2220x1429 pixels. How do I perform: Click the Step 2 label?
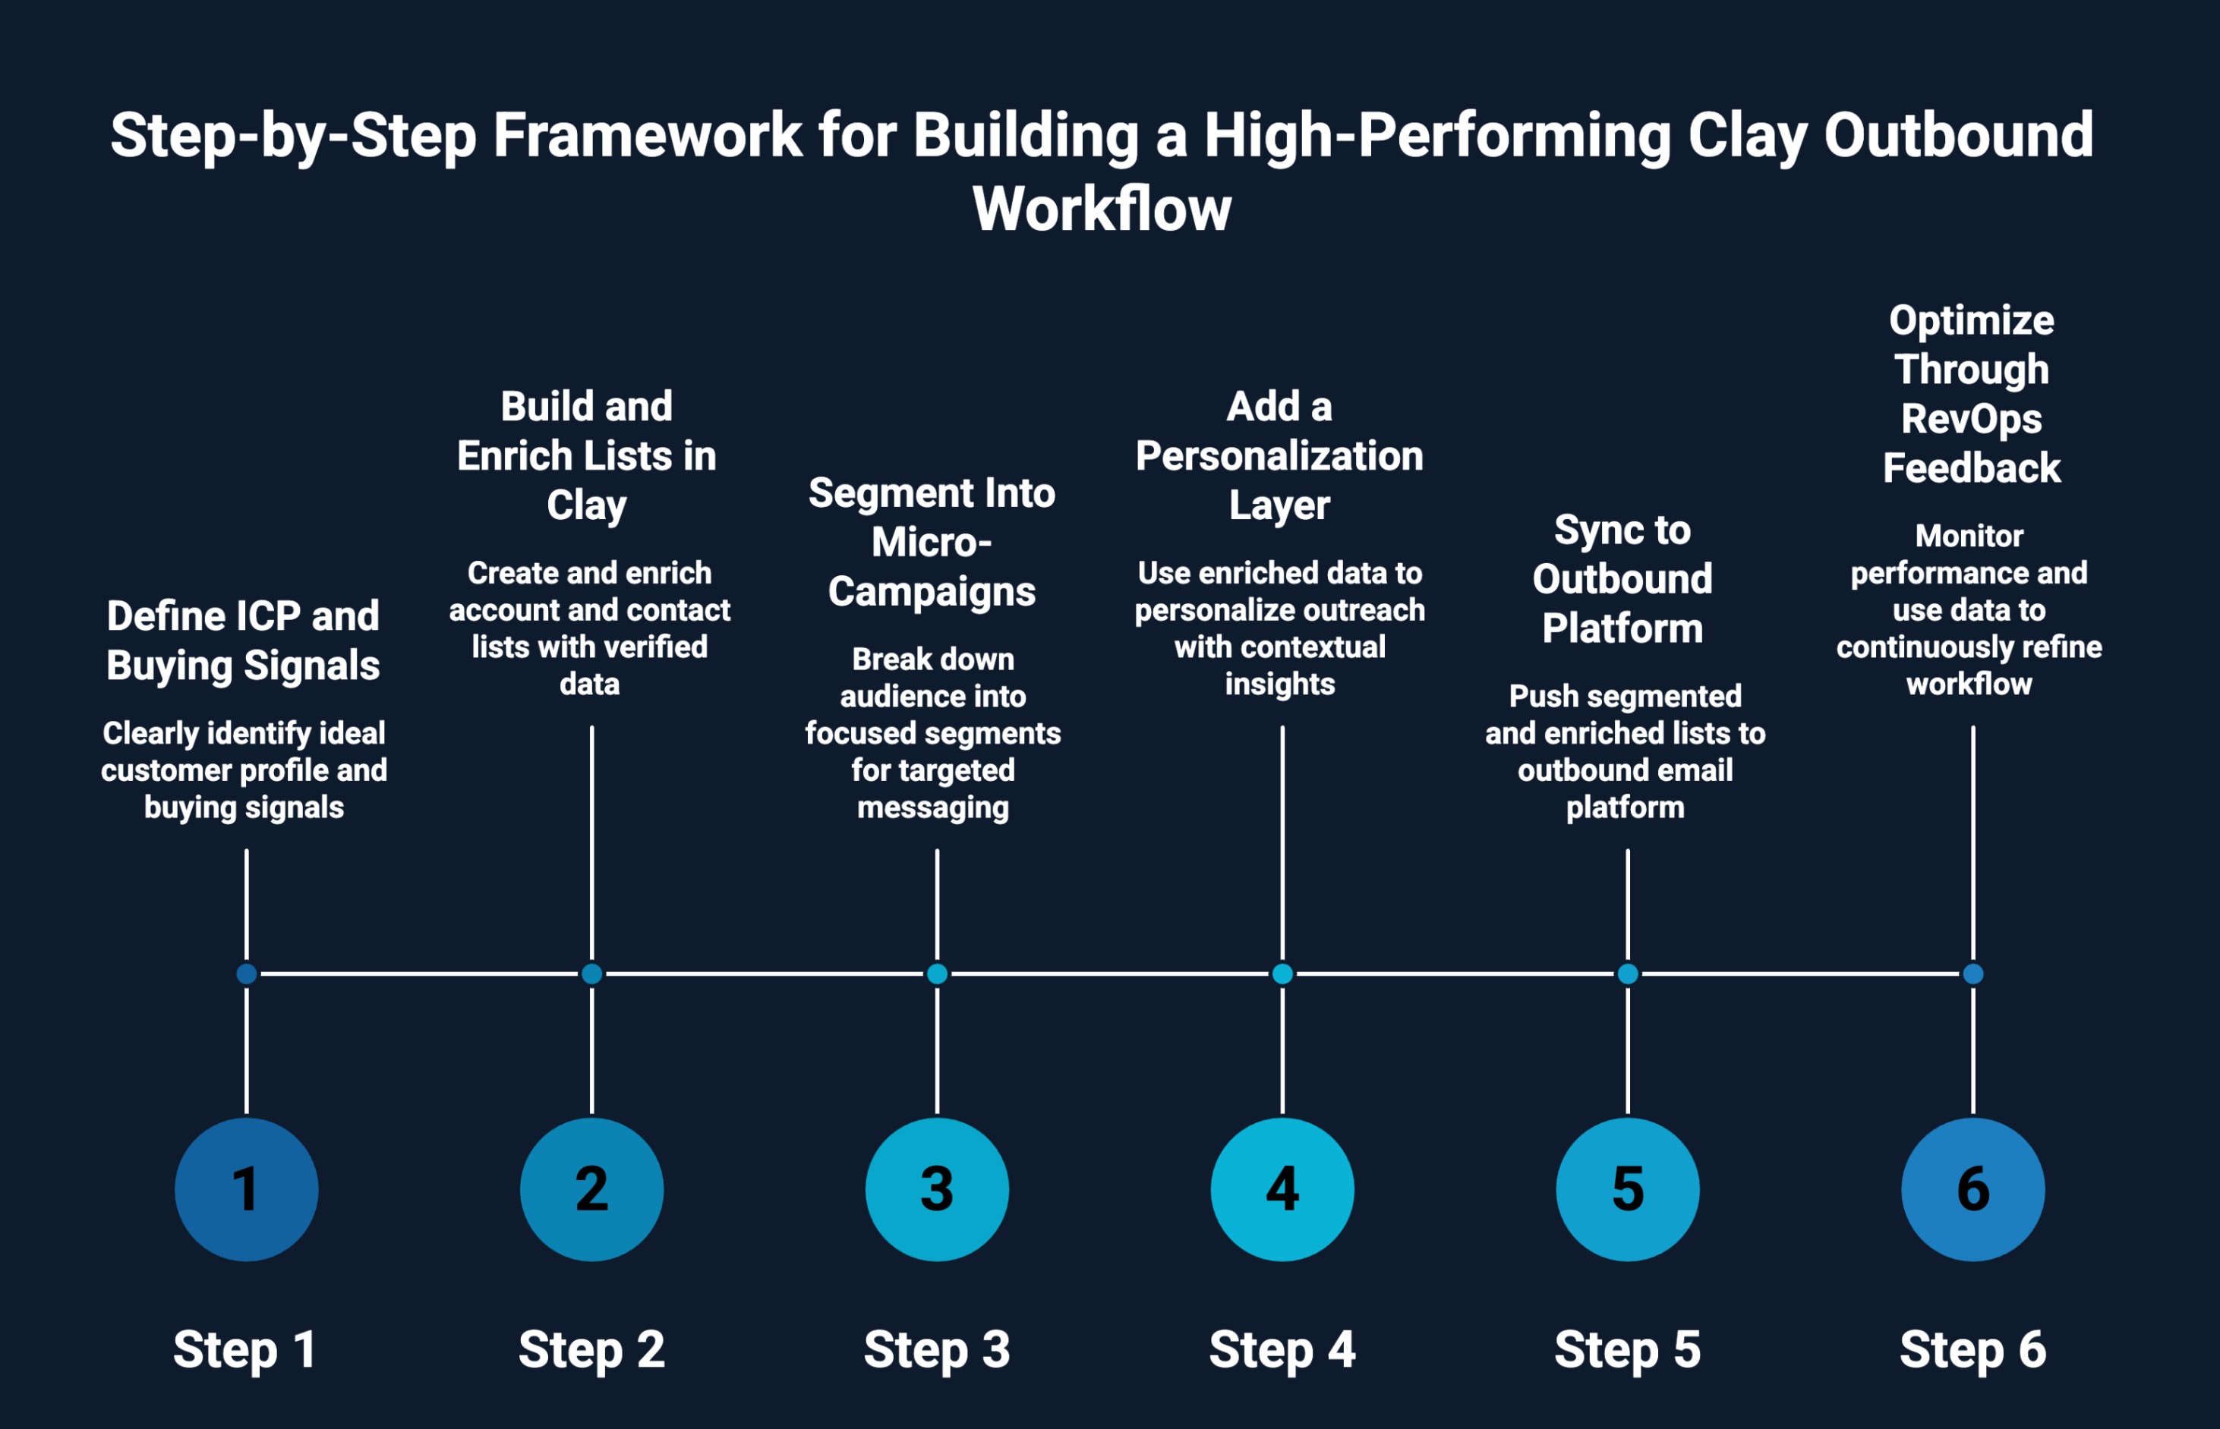click(591, 1349)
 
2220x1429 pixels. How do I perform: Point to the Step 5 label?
click(1627, 1349)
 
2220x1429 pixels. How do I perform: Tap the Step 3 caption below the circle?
click(936, 1349)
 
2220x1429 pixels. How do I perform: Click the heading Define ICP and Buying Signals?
click(243, 641)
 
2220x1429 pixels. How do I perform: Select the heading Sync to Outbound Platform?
click(1622, 579)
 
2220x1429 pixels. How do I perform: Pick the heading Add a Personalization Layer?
click(1279, 455)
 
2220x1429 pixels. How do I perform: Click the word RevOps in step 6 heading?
click(1971, 418)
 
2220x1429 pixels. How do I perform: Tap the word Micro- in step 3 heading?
click(931, 542)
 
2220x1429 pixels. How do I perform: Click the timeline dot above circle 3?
click(936, 974)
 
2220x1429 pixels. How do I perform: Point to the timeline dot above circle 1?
click(246, 974)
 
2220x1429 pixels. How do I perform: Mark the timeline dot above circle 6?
click(1972, 974)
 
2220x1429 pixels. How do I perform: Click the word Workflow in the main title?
click(1102, 209)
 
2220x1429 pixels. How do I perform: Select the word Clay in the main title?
click(1747, 137)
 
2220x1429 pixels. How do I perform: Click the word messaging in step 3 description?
click(933, 807)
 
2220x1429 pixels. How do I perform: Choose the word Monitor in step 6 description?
click(1969, 536)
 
